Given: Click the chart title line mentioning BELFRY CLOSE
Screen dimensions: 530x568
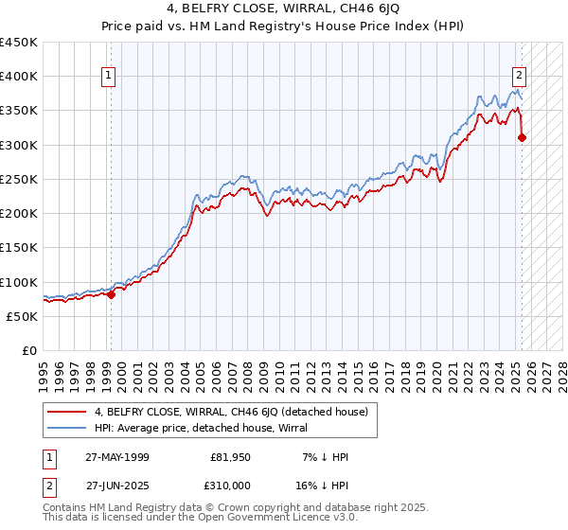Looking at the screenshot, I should [x=283, y=9].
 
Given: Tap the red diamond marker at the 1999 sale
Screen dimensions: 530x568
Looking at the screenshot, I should [x=111, y=294].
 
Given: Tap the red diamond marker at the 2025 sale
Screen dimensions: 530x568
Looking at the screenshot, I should [x=522, y=138].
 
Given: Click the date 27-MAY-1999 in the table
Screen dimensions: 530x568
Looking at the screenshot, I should [x=117, y=457].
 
